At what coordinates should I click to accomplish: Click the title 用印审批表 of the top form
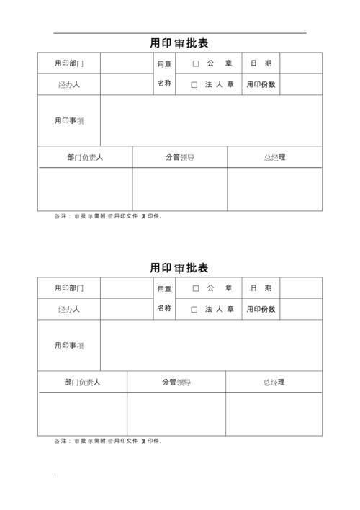179,43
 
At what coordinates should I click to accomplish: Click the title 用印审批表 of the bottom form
179,268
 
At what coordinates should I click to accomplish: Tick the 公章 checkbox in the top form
196,63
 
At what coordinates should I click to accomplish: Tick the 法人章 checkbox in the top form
194,85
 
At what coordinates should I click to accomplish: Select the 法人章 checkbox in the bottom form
194,310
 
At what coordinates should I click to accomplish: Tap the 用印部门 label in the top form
69,63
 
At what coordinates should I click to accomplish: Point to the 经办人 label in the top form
69,85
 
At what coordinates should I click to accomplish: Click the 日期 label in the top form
261,63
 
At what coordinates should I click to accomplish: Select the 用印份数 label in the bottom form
261,310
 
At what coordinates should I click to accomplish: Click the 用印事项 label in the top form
69,121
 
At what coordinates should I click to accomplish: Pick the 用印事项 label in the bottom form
69,346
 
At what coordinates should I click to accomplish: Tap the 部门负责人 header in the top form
84,157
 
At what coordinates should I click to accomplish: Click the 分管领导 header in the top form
180,157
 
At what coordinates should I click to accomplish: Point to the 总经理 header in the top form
274,157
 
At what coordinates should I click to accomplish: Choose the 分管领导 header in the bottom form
176,382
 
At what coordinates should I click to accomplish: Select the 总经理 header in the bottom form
274,382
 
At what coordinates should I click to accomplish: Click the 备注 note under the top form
108,217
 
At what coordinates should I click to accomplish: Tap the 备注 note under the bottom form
108,441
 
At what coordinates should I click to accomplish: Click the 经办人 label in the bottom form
69,310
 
